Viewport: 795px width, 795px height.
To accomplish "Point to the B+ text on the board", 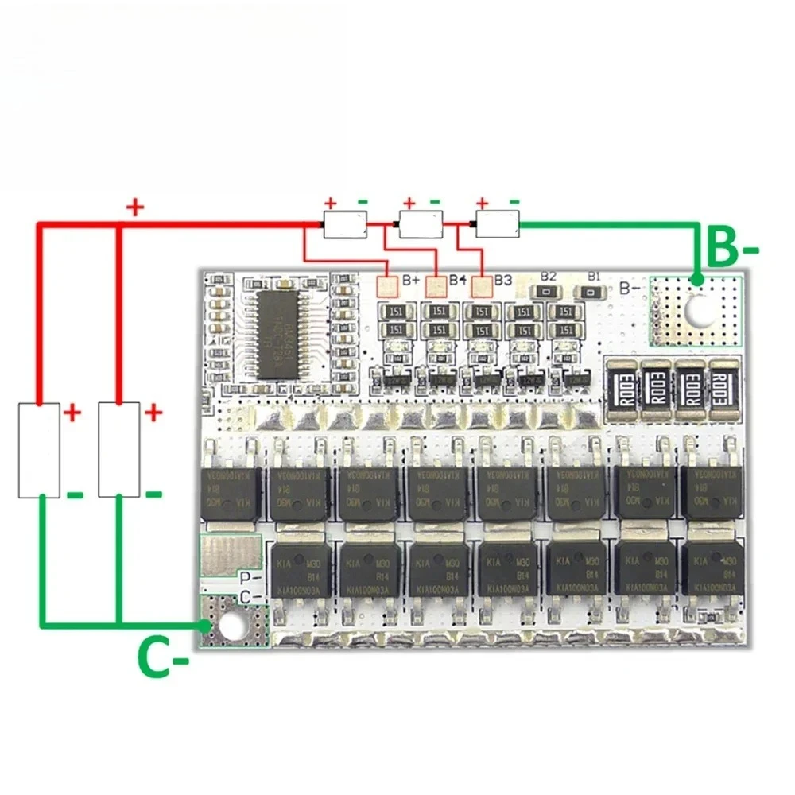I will pyautogui.click(x=411, y=280).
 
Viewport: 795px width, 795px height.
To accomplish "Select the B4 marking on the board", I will pyautogui.click(x=457, y=280).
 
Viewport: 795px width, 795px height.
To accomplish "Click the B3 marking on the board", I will pyautogui.click(x=502, y=280).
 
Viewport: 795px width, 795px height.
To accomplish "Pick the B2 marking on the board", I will pyautogui.click(x=548, y=276).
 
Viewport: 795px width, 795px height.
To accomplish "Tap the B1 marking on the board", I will pyautogui.click(x=592, y=276).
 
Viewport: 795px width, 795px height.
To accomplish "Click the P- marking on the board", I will pyautogui.click(x=251, y=579).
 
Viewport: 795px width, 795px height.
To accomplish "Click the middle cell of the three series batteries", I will pyautogui.click(x=421, y=225).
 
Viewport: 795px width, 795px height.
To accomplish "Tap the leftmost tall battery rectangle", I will pyautogui.click(x=39, y=450).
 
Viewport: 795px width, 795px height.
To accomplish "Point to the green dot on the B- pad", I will pyautogui.click(x=696, y=280).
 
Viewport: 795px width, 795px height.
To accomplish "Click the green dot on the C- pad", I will pyautogui.click(x=207, y=626).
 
